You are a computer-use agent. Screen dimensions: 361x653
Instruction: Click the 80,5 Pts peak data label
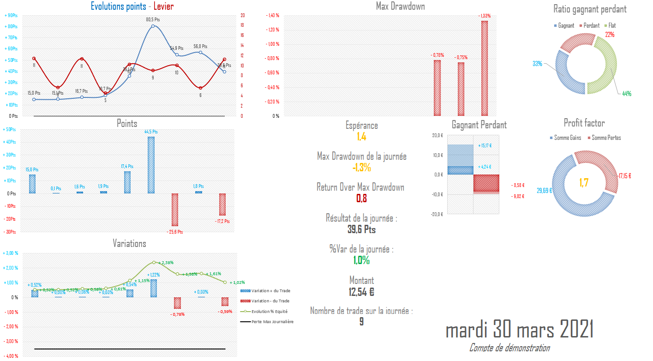[153, 19]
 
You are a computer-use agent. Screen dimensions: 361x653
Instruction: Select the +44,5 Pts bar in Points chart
[151, 165]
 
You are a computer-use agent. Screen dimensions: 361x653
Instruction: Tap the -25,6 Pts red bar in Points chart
[175, 209]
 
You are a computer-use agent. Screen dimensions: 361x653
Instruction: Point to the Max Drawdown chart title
[401, 6]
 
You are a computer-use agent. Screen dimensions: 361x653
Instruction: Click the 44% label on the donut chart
[626, 94]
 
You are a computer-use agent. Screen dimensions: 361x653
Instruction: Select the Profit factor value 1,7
[584, 182]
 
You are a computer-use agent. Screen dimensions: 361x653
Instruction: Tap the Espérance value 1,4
[361, 136]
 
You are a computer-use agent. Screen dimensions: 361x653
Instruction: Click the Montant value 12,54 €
[361, 292]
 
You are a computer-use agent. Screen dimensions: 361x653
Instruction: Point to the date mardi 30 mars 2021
[520, 330]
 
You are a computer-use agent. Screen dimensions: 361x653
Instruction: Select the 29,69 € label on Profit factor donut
[544, 190]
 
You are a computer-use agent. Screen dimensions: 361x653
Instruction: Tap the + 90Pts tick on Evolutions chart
[11, 15]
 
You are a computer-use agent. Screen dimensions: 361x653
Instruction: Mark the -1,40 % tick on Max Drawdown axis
[272, 15]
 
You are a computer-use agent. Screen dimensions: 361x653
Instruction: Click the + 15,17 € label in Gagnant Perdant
[485, 145]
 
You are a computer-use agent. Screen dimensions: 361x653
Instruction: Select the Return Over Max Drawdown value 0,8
[361, 199]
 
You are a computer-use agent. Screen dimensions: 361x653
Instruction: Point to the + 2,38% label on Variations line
[165, 262]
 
